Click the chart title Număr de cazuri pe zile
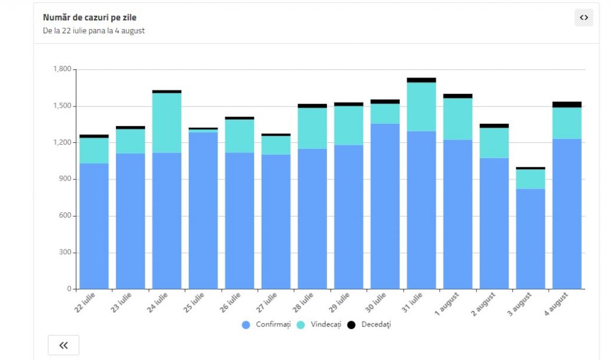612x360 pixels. point(90,17)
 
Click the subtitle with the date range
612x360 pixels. point(94,30)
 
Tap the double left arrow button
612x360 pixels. point(63,345)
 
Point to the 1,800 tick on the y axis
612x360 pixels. point(62,69)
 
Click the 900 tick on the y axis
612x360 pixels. point(65,179)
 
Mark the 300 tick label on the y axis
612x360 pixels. point(65,252)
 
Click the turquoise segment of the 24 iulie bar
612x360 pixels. point(167,123)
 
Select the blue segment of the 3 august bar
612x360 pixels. point(531,239)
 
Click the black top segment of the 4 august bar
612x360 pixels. point(567,105)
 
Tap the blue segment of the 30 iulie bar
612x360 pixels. point(385,206)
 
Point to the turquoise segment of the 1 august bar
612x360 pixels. point(458,119)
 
